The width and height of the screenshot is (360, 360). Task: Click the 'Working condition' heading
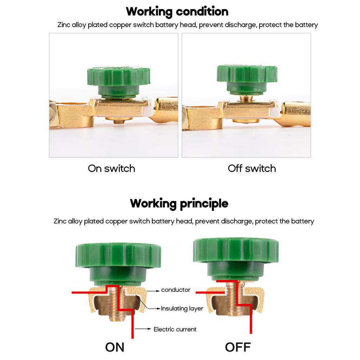pyautogui.click(x=177, y=12)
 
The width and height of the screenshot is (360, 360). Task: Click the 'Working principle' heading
pyautogui.click(x=179, y=204)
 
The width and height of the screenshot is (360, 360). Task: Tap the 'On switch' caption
pyautogui.click(x=111, y=168)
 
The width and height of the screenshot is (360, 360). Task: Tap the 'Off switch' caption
pyautogui.click(x=252, y=168)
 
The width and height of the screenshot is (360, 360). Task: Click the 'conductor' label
pyautogui.click(x=175, y=290)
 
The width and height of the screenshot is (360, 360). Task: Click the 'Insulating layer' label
pyautogui.click(x=182, y=309)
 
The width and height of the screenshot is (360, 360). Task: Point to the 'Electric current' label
pyautogui.click(x=175, y=329)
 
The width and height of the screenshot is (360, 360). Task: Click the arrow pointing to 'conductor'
pyautogui.click(x=153, y=290)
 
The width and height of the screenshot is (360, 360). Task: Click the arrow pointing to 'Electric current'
pyautogui.click(x=142, y=329)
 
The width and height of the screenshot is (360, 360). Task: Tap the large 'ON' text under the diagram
pyautogui.click(x=115, y=347)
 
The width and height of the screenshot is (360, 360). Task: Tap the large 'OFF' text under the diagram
pyautogui.click(x=238, y=347)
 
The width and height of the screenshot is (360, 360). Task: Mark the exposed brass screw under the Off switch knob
pyautogui.click(x=246, y=99)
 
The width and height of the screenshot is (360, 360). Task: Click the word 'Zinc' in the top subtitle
pyautogui.click(x=64, y=25)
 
